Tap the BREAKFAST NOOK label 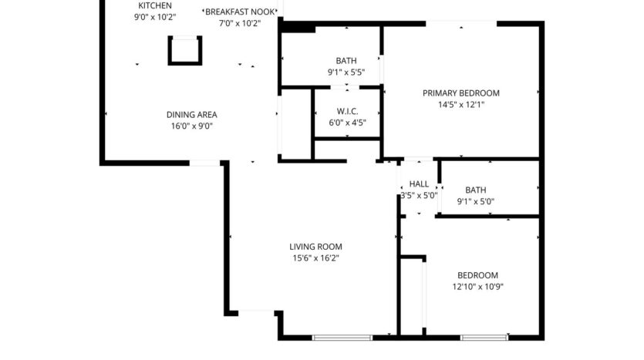coord(239,12)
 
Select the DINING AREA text coord(191,115)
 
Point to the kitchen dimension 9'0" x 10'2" coord(155,16)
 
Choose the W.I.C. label coord(347,111)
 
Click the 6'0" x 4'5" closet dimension coord(347,122)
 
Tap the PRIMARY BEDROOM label coord(460,93)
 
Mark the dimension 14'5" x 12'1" coord(460,104)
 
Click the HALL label coord(419,184)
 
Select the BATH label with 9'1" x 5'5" coord(346,61)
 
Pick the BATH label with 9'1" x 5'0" coord(476,190)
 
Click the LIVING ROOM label coord(315,247)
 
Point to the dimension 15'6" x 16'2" coord(315,258)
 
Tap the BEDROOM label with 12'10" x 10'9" coord(477,275)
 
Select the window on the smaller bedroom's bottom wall coord(484,338)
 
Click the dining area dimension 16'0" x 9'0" coord(191,126)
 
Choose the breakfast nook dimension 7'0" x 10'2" coord(239,23)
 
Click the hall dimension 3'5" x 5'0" coord(419,196)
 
